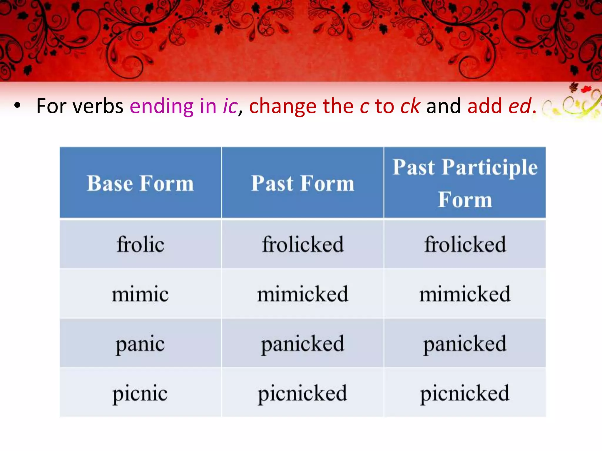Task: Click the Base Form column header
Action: [x=140, y=183]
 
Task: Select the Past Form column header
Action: [x=302, y=183]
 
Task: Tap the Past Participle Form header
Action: [x=465, y=183]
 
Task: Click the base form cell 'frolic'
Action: [x=140, y=244]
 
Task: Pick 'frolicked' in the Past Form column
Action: [x=302, y=244]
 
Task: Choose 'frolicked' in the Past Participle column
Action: [x=465, y=244]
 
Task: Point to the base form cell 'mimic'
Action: [x=140, y=294]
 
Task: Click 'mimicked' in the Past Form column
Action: [x=302, y=294]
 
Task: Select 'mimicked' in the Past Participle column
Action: [x=465, y=294]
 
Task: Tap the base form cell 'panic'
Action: [x=140, y=344]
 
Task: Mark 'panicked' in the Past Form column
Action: [x=302, y=344]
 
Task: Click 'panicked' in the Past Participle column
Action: [x=465, y=344]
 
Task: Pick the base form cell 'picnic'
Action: [x=140, y=393]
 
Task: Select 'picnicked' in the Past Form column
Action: [x=302, y=393]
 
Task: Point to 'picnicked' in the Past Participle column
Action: [x=465, y=393]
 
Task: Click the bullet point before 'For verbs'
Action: [x=17, y=106]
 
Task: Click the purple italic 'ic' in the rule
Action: [x=230, y=106]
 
